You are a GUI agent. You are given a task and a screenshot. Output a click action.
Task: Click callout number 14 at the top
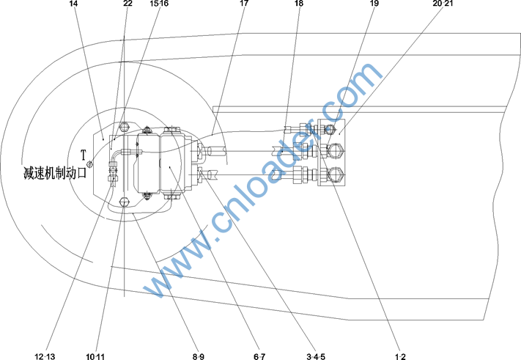pyautogui.click(x=73, y=4)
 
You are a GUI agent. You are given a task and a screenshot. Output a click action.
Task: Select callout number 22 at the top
pyautogui.click(x=128, y=4)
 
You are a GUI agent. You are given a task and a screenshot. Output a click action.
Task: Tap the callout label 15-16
pyautogui.click(x=159, y=4)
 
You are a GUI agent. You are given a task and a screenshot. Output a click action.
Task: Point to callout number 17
pyautogui.click(x=244, y=4)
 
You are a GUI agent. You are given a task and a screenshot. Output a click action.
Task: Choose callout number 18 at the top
pyautogui.click(x=299, y=4)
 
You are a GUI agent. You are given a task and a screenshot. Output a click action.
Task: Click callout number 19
pyautogui.click(x=374, y=4)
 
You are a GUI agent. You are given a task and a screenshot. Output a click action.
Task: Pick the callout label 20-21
pyautogui.click(x=443, y=4)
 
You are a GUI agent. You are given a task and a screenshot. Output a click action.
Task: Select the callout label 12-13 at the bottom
pyautogui.click(x=45, y=356)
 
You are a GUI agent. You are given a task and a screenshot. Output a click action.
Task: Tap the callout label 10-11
pyautogui.click(x=95, y=356)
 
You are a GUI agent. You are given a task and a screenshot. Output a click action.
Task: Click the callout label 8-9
pyautogui.click(x=199, y=356)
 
